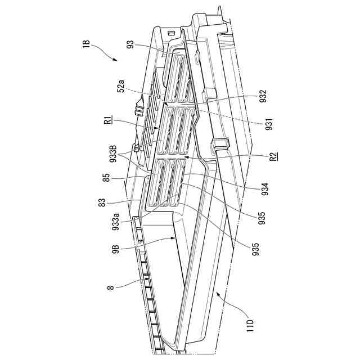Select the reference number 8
tap(111, 287)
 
